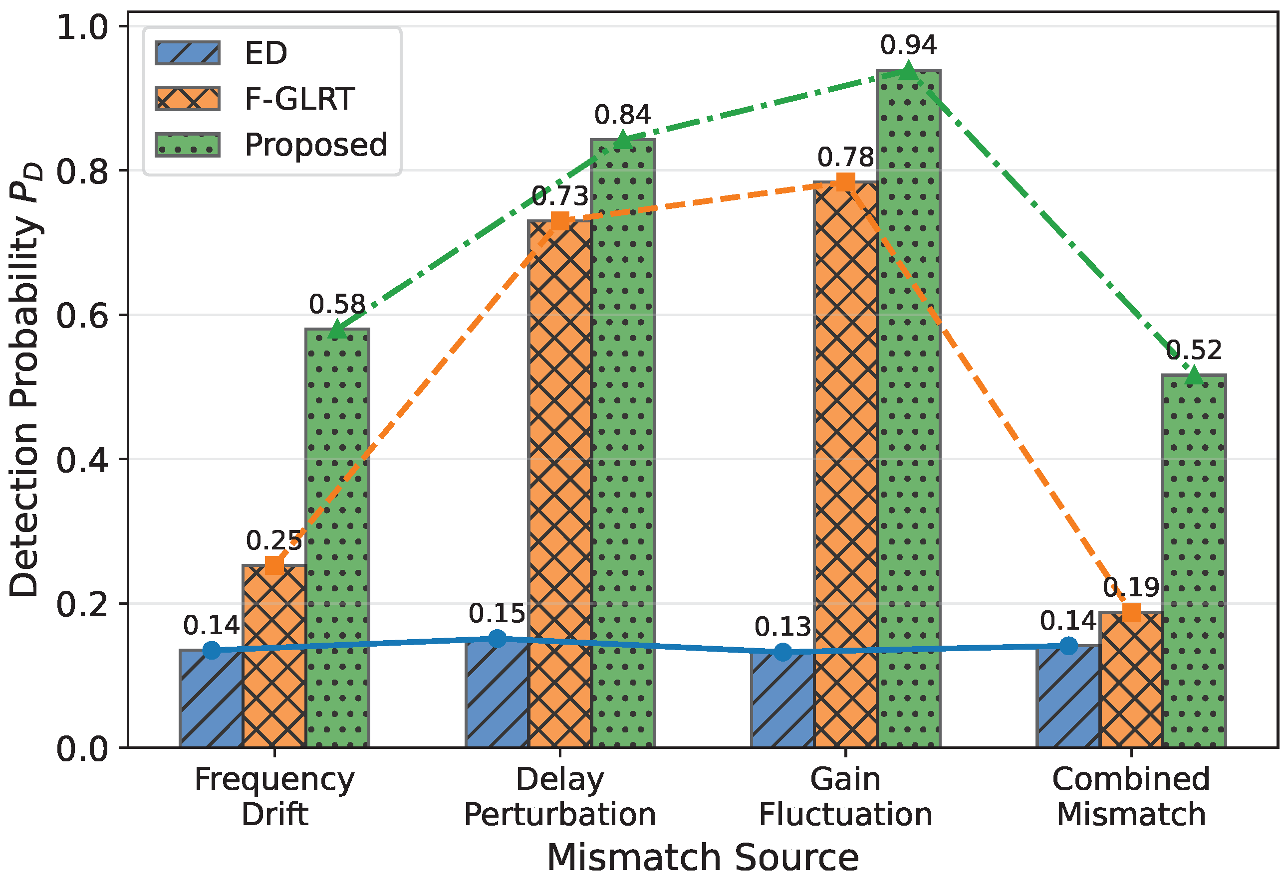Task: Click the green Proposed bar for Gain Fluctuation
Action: click(x=908, y=409)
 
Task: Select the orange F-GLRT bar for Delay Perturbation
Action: click(x=560, y=484)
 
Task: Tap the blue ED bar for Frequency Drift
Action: click(x=212, y=699)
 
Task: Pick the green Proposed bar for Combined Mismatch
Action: click(x=1194, y=561)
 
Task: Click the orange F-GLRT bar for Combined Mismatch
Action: click(x=1131, y=680)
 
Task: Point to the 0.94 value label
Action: click(x=908, y=45)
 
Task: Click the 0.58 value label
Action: click(x=337, y=304)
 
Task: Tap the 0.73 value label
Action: click(x=560, y=196)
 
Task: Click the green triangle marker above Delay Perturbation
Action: click(x=623, y=140)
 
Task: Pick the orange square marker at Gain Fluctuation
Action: click(x=845, y=181)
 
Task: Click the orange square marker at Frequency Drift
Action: click(x=274, y=565)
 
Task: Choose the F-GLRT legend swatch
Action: click(x=188, y=99)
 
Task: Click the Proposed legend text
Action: click(x=316, y=146)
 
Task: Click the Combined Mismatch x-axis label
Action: click(x=1131, y=797)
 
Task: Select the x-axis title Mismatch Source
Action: click(x=703, y=858)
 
